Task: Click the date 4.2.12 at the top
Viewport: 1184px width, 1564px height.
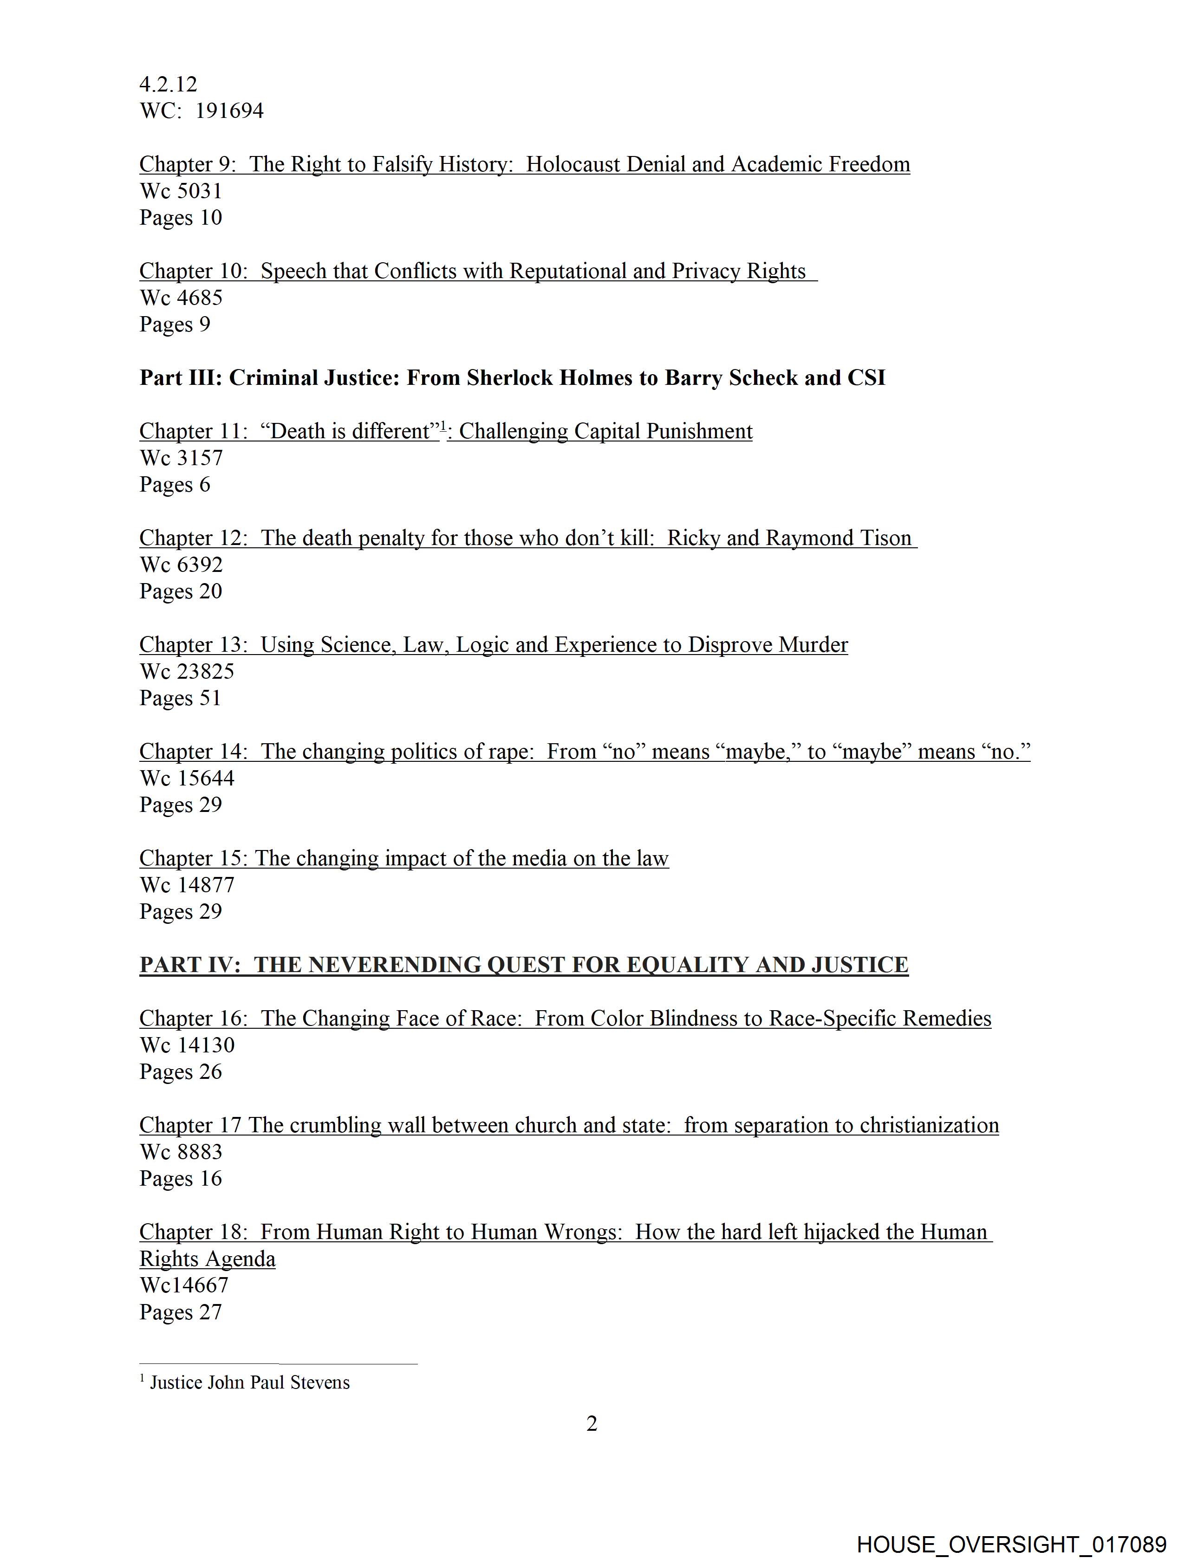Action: pyautogui.click(x=169, y=84)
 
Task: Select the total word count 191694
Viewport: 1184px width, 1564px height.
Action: pyautogui.click(x=229, y=111)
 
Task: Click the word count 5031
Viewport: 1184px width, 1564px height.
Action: pyautogui.click(x=200, y=191)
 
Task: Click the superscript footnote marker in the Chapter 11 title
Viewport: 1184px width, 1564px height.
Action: pyautogui.click(x=443, y=426)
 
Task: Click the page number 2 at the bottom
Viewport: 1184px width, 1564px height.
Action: pyautogui.click(x=592, y=1424)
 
